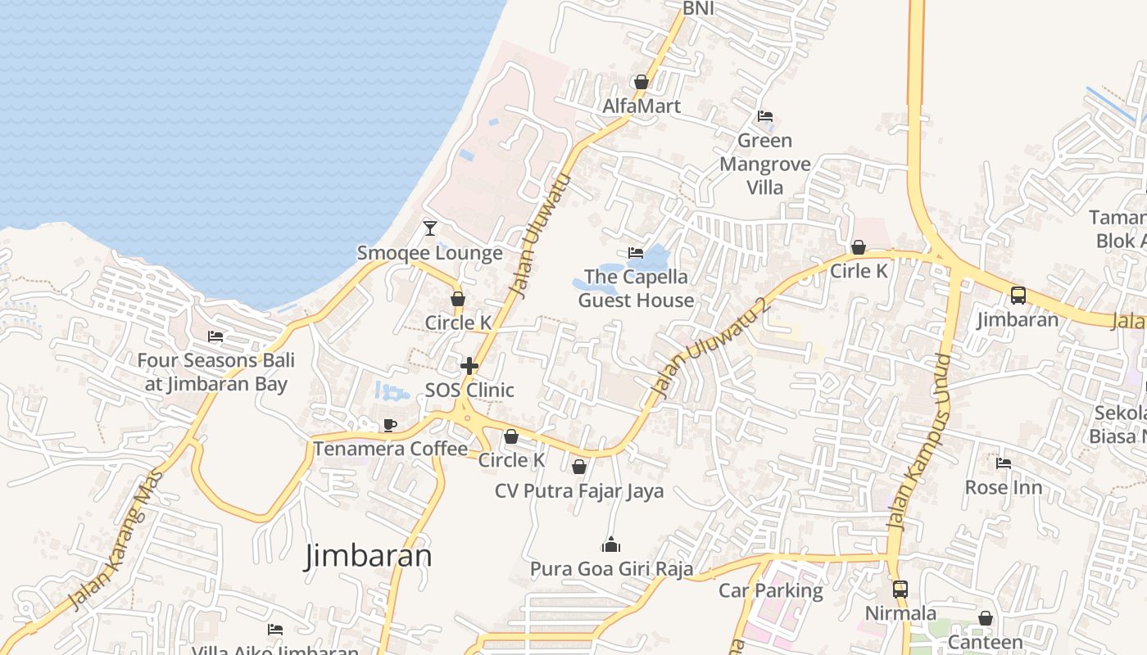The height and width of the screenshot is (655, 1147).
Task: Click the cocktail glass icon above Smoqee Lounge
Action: click(430, 228)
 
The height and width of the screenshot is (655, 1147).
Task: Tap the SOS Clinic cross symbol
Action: click(469, 365)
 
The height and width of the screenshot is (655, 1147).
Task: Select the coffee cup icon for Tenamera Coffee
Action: click(390, 424)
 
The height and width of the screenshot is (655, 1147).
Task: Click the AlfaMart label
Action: click(642, 106)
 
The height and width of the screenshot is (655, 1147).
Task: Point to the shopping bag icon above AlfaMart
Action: click(642, 82)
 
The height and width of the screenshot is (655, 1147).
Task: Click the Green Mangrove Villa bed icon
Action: click(765, 115)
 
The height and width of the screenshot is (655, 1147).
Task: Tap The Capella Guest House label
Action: click(636, 288)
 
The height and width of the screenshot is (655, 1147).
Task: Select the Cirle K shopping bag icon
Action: click(859, 246)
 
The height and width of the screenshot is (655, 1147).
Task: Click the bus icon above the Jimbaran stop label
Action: click(1018, 295)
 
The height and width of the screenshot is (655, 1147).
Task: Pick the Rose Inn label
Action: click(1004, 487)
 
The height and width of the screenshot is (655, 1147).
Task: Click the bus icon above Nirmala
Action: click(900, 589)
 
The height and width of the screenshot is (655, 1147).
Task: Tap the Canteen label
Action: click(985, 642)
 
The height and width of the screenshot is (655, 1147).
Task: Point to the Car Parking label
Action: click(770, 590)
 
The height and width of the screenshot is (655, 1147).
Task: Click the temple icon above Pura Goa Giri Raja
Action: click(611, 544)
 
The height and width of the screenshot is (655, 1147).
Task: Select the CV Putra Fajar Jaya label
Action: click(579, 490)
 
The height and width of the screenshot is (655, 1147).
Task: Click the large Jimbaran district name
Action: click(368, 555)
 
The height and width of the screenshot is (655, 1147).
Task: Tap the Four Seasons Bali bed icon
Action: click(215, 336)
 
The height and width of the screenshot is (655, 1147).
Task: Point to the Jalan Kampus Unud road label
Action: click(920, 441)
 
